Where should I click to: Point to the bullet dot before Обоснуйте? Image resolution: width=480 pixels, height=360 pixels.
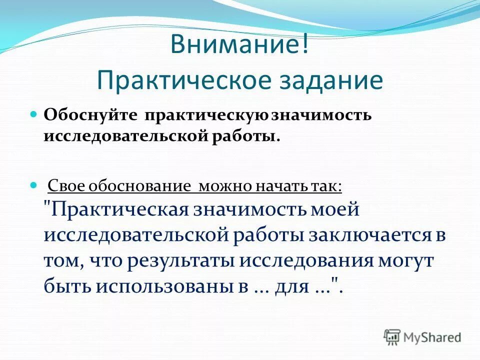coord(34,114)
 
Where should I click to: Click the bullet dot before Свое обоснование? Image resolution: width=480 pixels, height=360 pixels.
coord(34,184)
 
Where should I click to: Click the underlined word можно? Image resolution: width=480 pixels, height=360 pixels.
coord(223,186)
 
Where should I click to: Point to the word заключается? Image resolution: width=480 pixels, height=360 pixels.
coord(364,235)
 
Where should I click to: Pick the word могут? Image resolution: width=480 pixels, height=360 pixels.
coord(405,261)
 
